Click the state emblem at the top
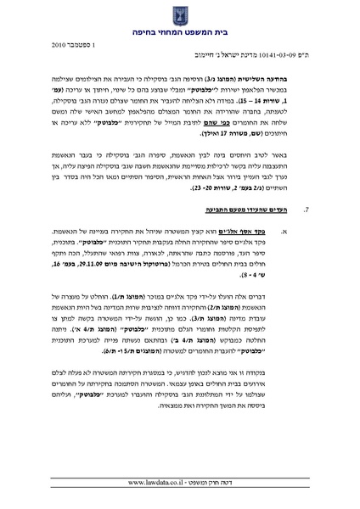(x=179, y=14)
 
